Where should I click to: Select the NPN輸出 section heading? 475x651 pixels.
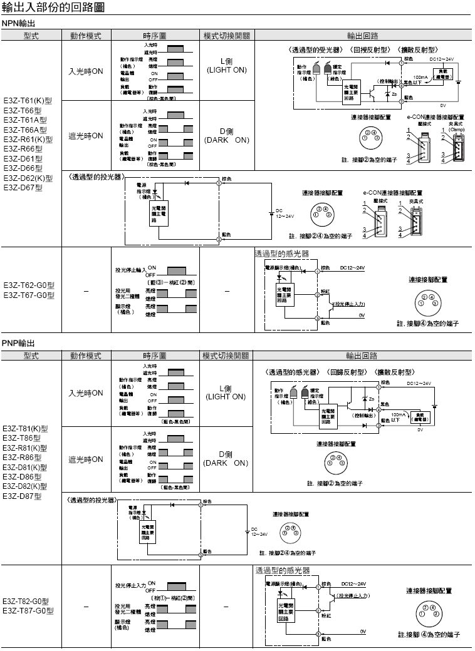pos(18,23)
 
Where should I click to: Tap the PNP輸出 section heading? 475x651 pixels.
pos(18,344)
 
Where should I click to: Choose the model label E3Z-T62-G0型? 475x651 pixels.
pos(29,285)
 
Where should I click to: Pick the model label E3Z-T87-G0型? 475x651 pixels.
pos(29,610)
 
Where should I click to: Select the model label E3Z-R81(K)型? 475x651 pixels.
pos(26,448)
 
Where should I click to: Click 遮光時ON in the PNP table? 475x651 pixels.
pos(86,459)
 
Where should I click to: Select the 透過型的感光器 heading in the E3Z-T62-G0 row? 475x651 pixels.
pos(281,254)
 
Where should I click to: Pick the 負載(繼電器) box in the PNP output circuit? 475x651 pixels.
pos(420,417)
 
